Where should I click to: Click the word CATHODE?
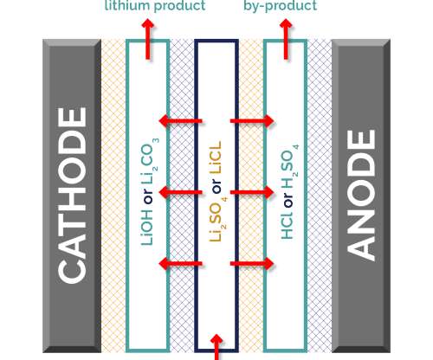click(x=72, y=196)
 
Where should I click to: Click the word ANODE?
click(x=361, y=196)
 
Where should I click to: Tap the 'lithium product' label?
click(x=155, y=6)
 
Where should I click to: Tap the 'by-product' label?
click(x=280, y=6)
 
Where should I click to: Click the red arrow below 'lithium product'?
click(x=147, y=39)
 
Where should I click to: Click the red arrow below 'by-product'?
click(x=286, y=39)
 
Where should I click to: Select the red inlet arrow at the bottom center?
click(x=216, y=347)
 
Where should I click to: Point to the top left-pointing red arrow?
click(x=180, y=121)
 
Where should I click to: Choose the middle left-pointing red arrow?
click(x=180, y=192)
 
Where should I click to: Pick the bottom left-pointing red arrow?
click(x=180, y=263)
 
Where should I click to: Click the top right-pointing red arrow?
click(x=252, y=121)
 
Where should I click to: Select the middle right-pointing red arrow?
click(x=252, y=192)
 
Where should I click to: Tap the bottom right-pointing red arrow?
click(x=252, y=263)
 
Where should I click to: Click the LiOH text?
click(x=147, y=228)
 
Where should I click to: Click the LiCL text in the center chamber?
click(x=216, y=157)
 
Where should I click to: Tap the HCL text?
click(x=288, y=225)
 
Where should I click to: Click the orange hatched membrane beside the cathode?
click(x=113, y=196)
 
